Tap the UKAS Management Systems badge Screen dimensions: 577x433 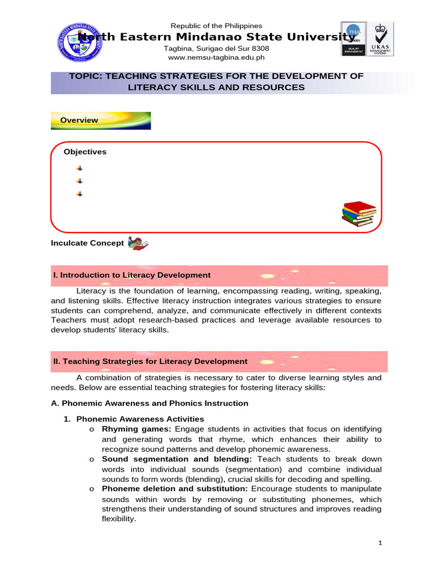382,39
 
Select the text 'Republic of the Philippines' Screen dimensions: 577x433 216,26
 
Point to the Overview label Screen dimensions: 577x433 79,120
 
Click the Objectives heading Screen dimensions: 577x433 85,152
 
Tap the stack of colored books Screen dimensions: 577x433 359,214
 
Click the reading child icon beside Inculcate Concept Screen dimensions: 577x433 138,243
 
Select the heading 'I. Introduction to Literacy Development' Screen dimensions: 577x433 132,275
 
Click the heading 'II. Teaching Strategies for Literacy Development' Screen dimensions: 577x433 150,361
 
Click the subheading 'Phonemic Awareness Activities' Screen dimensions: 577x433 140,419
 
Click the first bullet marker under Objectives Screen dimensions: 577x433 79,168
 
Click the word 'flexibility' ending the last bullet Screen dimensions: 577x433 118,519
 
